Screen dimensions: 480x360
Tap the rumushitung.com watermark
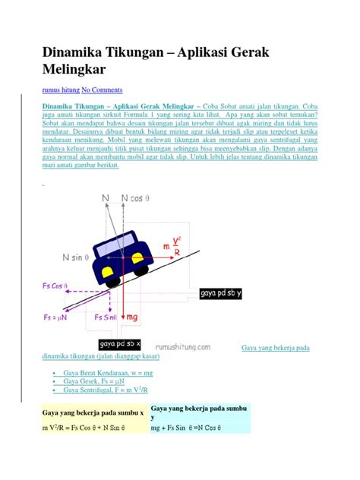(x=188, y=343)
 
